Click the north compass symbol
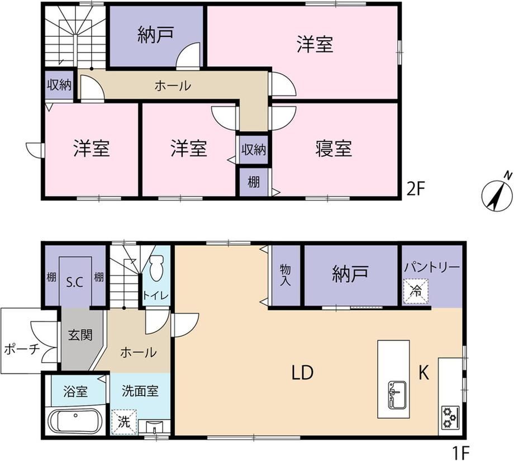497,194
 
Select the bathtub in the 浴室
76,421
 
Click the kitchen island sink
397,394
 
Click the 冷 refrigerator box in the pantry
416,291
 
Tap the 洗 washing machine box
124,422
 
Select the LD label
303,373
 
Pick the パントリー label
432,267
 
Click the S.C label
75,282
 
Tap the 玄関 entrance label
80,335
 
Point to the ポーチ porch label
22,349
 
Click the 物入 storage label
285,275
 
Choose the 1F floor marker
461,454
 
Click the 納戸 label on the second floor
155,35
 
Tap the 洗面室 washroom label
140,391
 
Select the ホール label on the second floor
173,86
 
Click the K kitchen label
424,373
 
